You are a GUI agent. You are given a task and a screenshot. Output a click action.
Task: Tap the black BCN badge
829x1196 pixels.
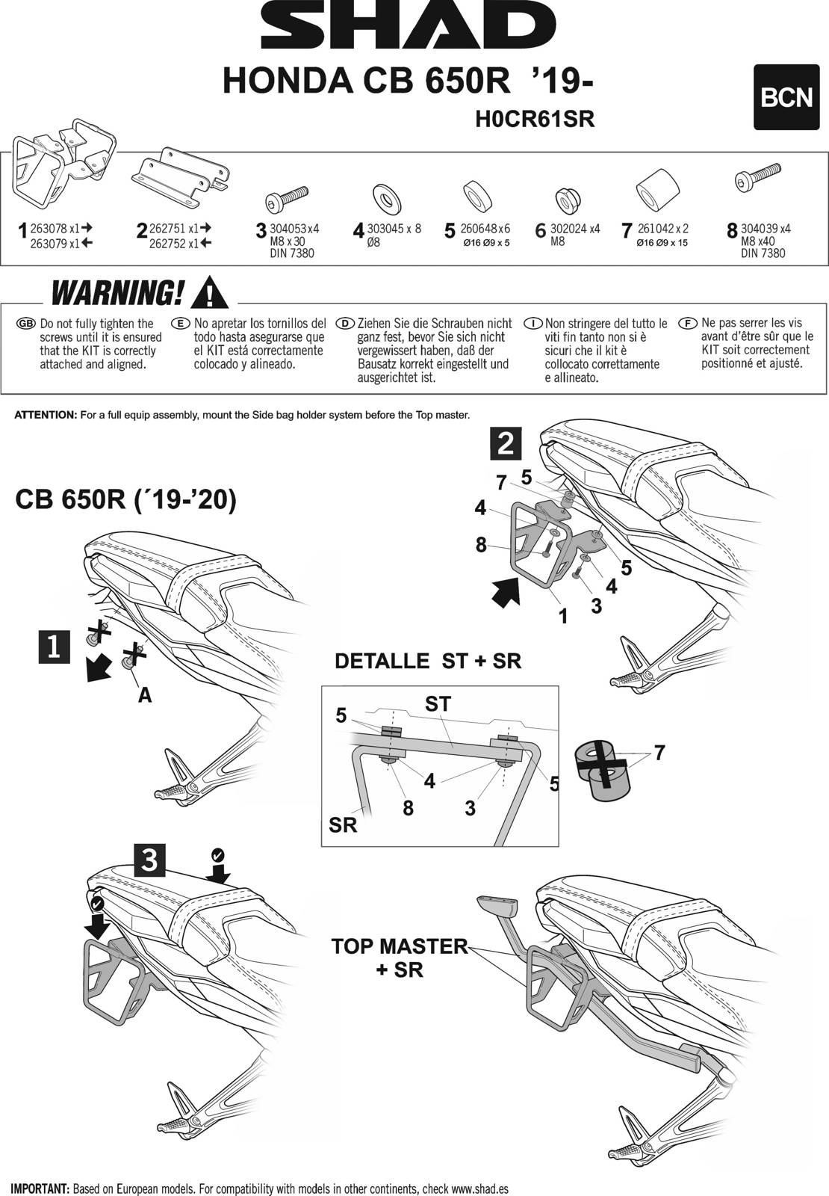[786, 98]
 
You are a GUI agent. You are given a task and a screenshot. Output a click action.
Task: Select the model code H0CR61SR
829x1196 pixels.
[535, 120]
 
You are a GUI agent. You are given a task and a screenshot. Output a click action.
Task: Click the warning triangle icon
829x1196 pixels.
[210, 293]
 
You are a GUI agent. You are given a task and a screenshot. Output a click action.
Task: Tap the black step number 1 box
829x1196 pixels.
[54, 647]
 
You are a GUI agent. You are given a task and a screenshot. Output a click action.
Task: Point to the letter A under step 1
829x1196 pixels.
[145, 695]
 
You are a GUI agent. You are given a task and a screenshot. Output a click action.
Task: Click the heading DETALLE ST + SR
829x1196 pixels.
[428, 661]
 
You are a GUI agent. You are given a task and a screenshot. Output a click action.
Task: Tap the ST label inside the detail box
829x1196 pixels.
[438, 703]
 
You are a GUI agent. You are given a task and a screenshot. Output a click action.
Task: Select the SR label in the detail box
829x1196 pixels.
[343, 825]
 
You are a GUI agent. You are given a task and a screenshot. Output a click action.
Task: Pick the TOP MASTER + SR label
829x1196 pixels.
[399, 957]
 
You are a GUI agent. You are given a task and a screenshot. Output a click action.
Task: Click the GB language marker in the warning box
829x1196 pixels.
[26, 324]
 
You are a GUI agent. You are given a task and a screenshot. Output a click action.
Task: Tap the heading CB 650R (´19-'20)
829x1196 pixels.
[125, 500]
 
